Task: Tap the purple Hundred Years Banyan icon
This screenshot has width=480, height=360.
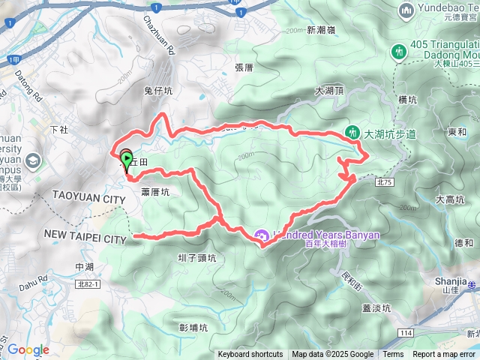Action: (262, 235)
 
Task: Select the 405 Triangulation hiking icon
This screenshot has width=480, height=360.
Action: (399, 51)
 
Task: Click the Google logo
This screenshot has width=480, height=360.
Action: (28, 349)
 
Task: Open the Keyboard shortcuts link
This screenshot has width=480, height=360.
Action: (250, 355)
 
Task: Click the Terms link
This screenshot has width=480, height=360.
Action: (393, 355)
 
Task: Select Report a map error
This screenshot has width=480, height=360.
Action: (445, 355)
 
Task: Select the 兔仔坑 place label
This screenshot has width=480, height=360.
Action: (157, 91)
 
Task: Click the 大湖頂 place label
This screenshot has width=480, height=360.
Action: (329, 90)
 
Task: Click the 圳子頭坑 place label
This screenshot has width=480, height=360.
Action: (197, 258)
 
